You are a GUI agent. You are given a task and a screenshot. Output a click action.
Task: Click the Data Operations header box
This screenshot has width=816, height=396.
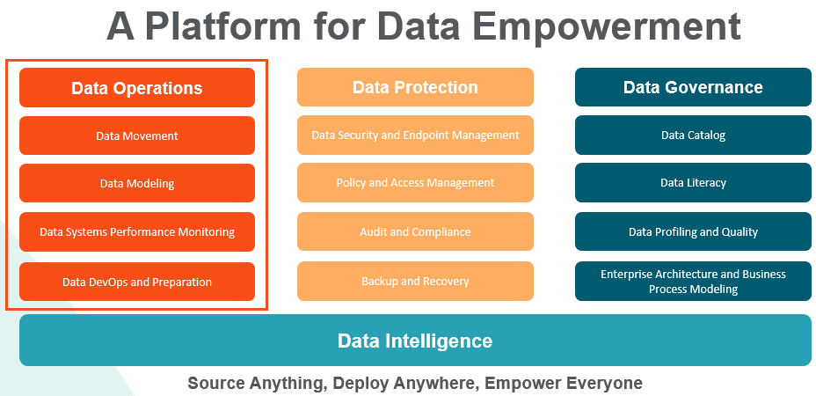[137, 88]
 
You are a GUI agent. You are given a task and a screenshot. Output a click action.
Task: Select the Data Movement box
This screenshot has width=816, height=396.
[137, 136]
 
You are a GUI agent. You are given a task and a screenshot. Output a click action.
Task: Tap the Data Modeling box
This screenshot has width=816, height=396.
[137, 183]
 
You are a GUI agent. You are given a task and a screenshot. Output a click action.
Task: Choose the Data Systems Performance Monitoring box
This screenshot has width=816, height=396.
[137, 232]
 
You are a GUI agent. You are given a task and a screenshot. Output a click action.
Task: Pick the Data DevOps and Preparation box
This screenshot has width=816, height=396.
[137, 282]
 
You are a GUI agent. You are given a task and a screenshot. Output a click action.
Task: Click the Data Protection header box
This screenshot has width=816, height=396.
[415, 87]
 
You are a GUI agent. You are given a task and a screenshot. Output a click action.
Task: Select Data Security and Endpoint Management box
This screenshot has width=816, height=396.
[415, 136]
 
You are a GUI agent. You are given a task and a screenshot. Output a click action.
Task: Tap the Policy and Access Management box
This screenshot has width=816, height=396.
[415, 183]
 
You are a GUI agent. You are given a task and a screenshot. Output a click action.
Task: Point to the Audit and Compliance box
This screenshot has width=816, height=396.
[415, 232]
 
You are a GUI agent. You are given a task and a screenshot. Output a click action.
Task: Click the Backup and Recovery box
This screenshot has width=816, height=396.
[415, 282]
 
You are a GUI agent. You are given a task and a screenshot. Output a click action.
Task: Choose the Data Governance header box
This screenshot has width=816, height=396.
[693, 87]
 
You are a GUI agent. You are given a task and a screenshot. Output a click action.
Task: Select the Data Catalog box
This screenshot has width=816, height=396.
[693, 136]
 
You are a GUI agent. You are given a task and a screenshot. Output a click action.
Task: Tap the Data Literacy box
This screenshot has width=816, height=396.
[693, 183]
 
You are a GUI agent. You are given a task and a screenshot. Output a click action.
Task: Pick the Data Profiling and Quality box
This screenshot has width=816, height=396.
[693, 232]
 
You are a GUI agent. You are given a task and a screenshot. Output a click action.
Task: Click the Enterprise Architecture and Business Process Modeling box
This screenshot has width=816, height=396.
[693, 282]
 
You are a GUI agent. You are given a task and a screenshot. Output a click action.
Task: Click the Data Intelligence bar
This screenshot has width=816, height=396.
[415, 341]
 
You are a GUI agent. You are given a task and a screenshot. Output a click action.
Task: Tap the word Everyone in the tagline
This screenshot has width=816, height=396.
[601, 384]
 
